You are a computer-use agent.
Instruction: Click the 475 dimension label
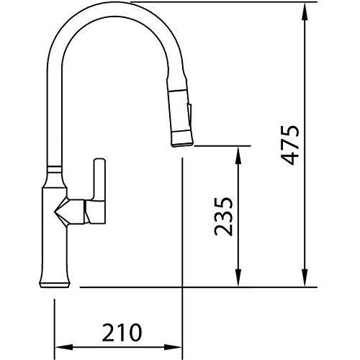[x=290, y=145]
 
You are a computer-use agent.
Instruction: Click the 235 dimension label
[x=223, y=217]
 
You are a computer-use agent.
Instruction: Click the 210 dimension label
[x=122, y=333]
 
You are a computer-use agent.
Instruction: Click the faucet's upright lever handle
[x=99, y=179]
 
